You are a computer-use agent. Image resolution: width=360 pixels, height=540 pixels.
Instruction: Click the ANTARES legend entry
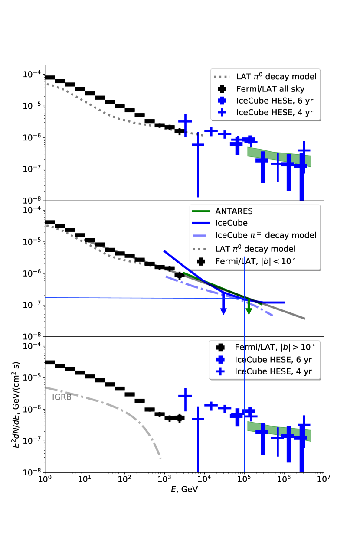[x=234, y=211]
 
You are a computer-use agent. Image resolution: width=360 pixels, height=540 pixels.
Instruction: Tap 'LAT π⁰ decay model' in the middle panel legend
[x=255, y=248]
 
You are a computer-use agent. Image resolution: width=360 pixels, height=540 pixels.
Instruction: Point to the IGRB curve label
[x=62, y=396]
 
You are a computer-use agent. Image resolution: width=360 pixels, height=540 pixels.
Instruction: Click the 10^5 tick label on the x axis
[x=244, y=480]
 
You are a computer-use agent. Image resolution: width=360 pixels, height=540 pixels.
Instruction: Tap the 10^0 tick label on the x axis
[x=45, y=480]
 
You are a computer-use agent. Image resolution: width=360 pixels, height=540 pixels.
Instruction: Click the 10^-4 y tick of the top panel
[x=32, y=74]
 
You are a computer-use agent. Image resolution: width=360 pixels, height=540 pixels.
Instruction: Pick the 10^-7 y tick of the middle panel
[x=32, y=305]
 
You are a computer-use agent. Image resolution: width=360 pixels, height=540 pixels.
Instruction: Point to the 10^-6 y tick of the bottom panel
[x=32, y=409]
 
